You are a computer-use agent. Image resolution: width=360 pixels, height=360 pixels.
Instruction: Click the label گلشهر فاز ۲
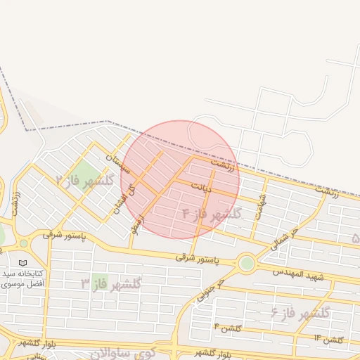coord(84,181)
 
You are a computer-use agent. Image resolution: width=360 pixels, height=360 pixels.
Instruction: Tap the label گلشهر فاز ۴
coord(211,213)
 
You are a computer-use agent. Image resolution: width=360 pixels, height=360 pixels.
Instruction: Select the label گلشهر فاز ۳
coord(111,283)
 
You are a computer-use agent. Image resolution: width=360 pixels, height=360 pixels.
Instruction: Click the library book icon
coord(23,263)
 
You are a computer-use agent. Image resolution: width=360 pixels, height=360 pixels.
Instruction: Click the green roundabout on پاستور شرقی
coord(247,264)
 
